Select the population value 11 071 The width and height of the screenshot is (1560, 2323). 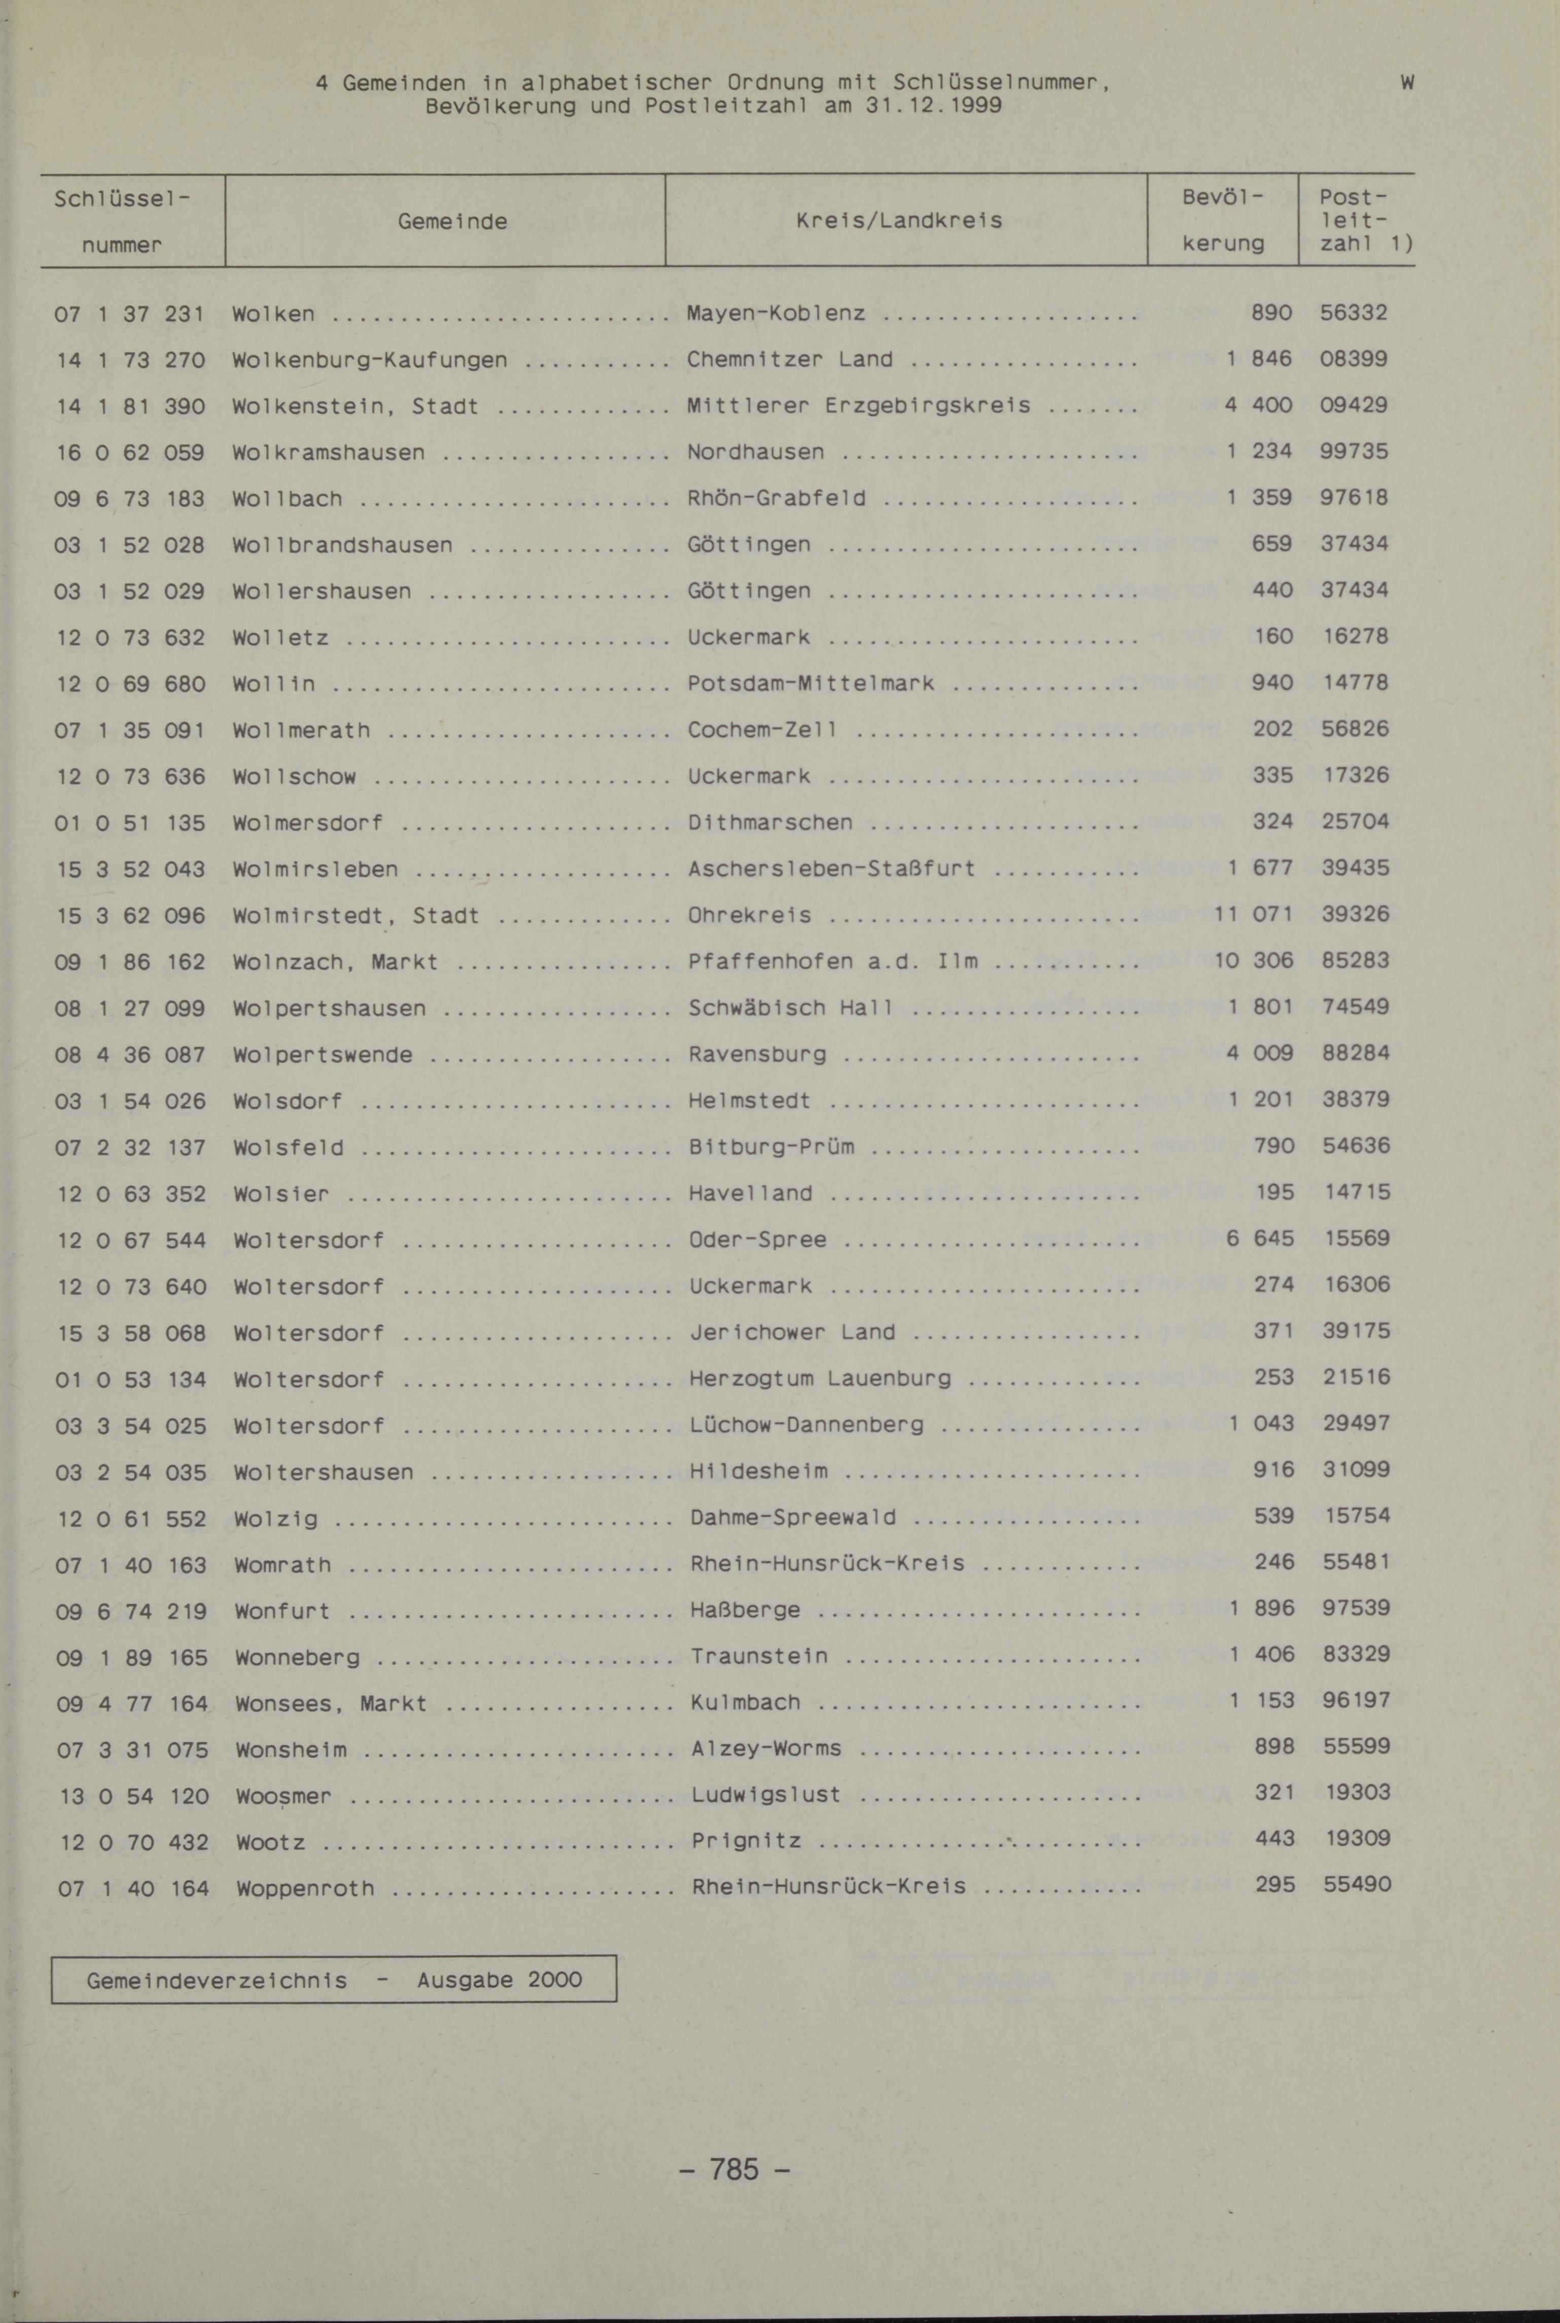click(1253, 913)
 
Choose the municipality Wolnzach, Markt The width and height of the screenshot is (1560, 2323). click(335, 961)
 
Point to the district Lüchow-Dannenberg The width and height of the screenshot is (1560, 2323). click(806, 1425)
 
